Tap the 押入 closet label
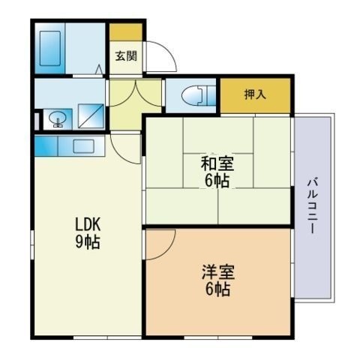pyautogui.click(x=254, y=94)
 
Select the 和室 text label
pyautogui.click(x=216, y=163)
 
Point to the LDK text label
pyautogui.click(x=87, y=225)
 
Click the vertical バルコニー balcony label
pyautogui.click(x=310, y=205)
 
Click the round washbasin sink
pyautogui.click(x=57, y=118)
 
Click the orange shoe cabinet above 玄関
pyautogui.click(x=125, y=32)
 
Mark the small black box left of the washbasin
pyautogui.click(x=37, y=119)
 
